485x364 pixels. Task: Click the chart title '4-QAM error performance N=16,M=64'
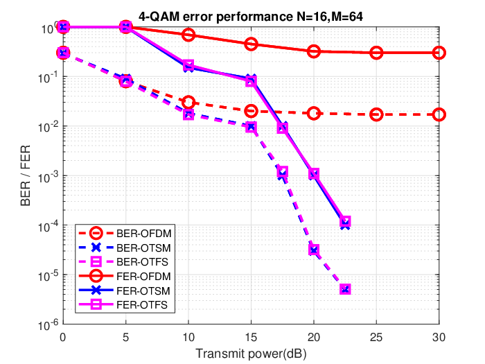click(x=251, y=17)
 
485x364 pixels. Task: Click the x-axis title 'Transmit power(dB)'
click(x=251, y=354)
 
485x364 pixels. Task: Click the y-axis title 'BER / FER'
click(x=26, y=175)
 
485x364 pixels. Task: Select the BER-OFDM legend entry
click(x=125, y=233)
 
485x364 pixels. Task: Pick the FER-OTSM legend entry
click(x=125, y=291)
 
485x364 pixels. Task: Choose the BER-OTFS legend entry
click(x=124, y=262)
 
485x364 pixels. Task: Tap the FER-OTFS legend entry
click(x=124, y=305)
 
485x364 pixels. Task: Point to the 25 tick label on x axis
click(x=376, y=337)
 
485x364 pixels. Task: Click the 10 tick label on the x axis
click(x=188, y=337)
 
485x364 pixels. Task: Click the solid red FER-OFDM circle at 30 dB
click(x=439, y=53)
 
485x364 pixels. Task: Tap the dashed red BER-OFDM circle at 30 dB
click(x=439, y=115)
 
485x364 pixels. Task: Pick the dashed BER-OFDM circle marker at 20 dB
click(x=314, y=114)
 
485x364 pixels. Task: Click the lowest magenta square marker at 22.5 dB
click(x=345, y=289)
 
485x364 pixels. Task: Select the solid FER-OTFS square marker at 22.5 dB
click(x=345, y=222)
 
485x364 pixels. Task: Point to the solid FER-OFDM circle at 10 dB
click(x=188, y=35)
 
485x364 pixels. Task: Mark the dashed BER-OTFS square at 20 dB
click(x=314, y=250)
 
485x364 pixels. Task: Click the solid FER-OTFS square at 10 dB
click(x=188, y=66)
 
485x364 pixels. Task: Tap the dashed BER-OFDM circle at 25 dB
click(x=376, y=115)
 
